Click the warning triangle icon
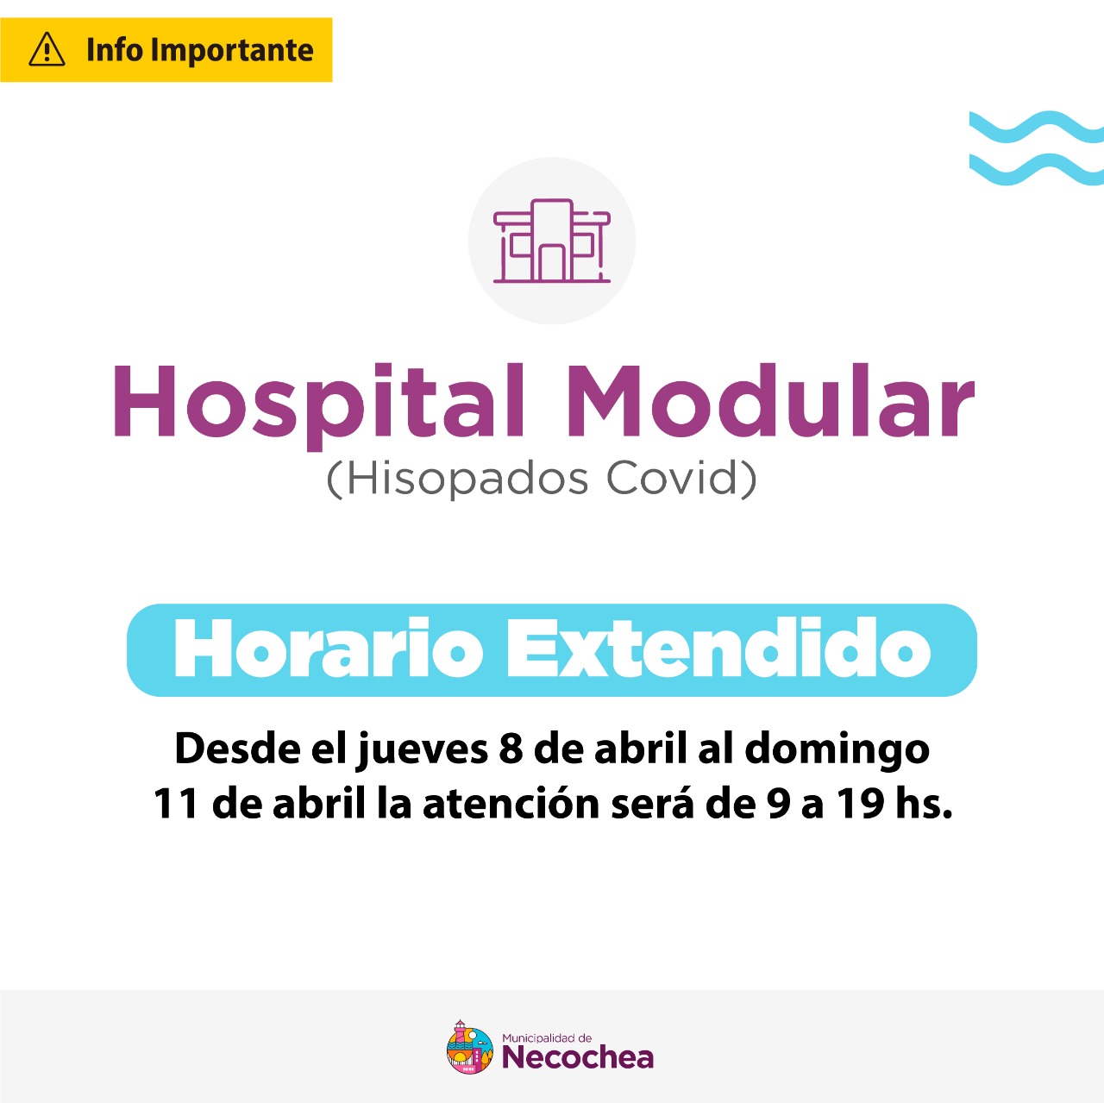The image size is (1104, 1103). coord(47,50)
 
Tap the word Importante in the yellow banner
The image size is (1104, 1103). coord(232,50)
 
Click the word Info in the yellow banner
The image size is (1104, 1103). coord(115,50)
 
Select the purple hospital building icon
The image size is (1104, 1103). coord(552,241)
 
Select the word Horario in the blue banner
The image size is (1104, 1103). coord(329,649)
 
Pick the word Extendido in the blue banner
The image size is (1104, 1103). coord(718,649)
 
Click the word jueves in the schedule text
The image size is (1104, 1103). coord(422,750)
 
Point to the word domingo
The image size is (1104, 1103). coord(837,750)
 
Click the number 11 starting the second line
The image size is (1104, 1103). coord(176,805)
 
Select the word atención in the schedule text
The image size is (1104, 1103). coord(511,804)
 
